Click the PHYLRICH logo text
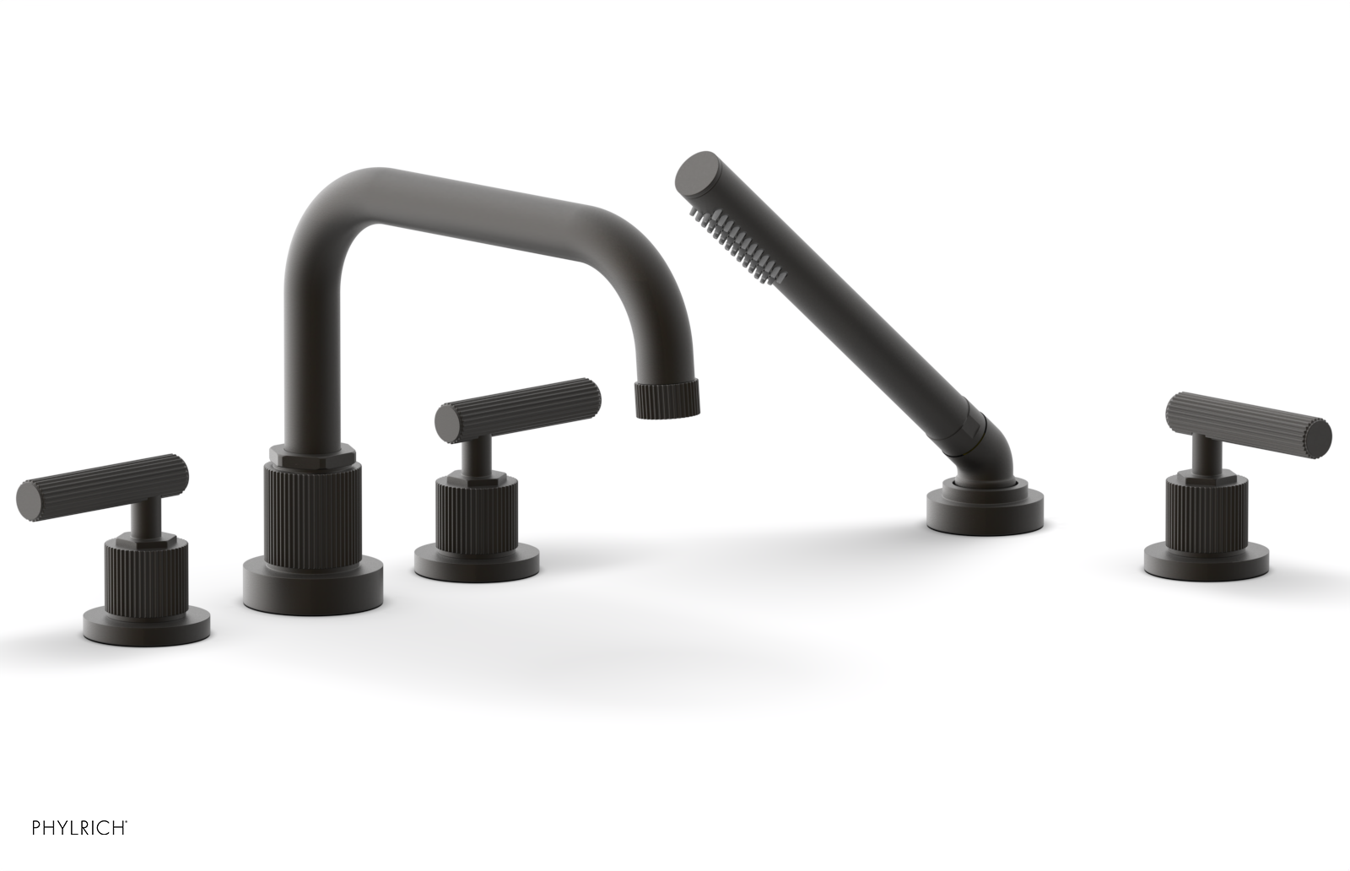pyautogui.click(x=79, y=826)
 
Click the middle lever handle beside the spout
pyautogui.click(x=517, y=407)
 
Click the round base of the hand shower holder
pyautogui.click(x=985, y=509)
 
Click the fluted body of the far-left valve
pyautogui.click(x=147, y=573)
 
